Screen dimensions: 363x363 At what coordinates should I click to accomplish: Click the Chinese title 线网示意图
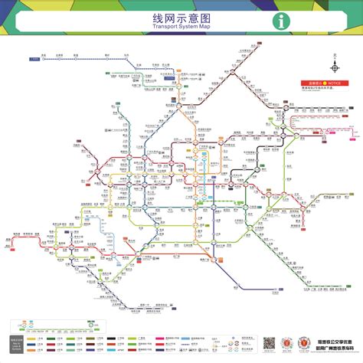(x=181, y=16)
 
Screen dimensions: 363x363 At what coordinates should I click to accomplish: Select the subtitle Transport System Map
(x=181, y=27)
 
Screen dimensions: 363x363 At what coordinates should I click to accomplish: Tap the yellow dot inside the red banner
(x=324, y=82)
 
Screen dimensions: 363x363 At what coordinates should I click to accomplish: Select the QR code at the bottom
(x=269, y=343)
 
